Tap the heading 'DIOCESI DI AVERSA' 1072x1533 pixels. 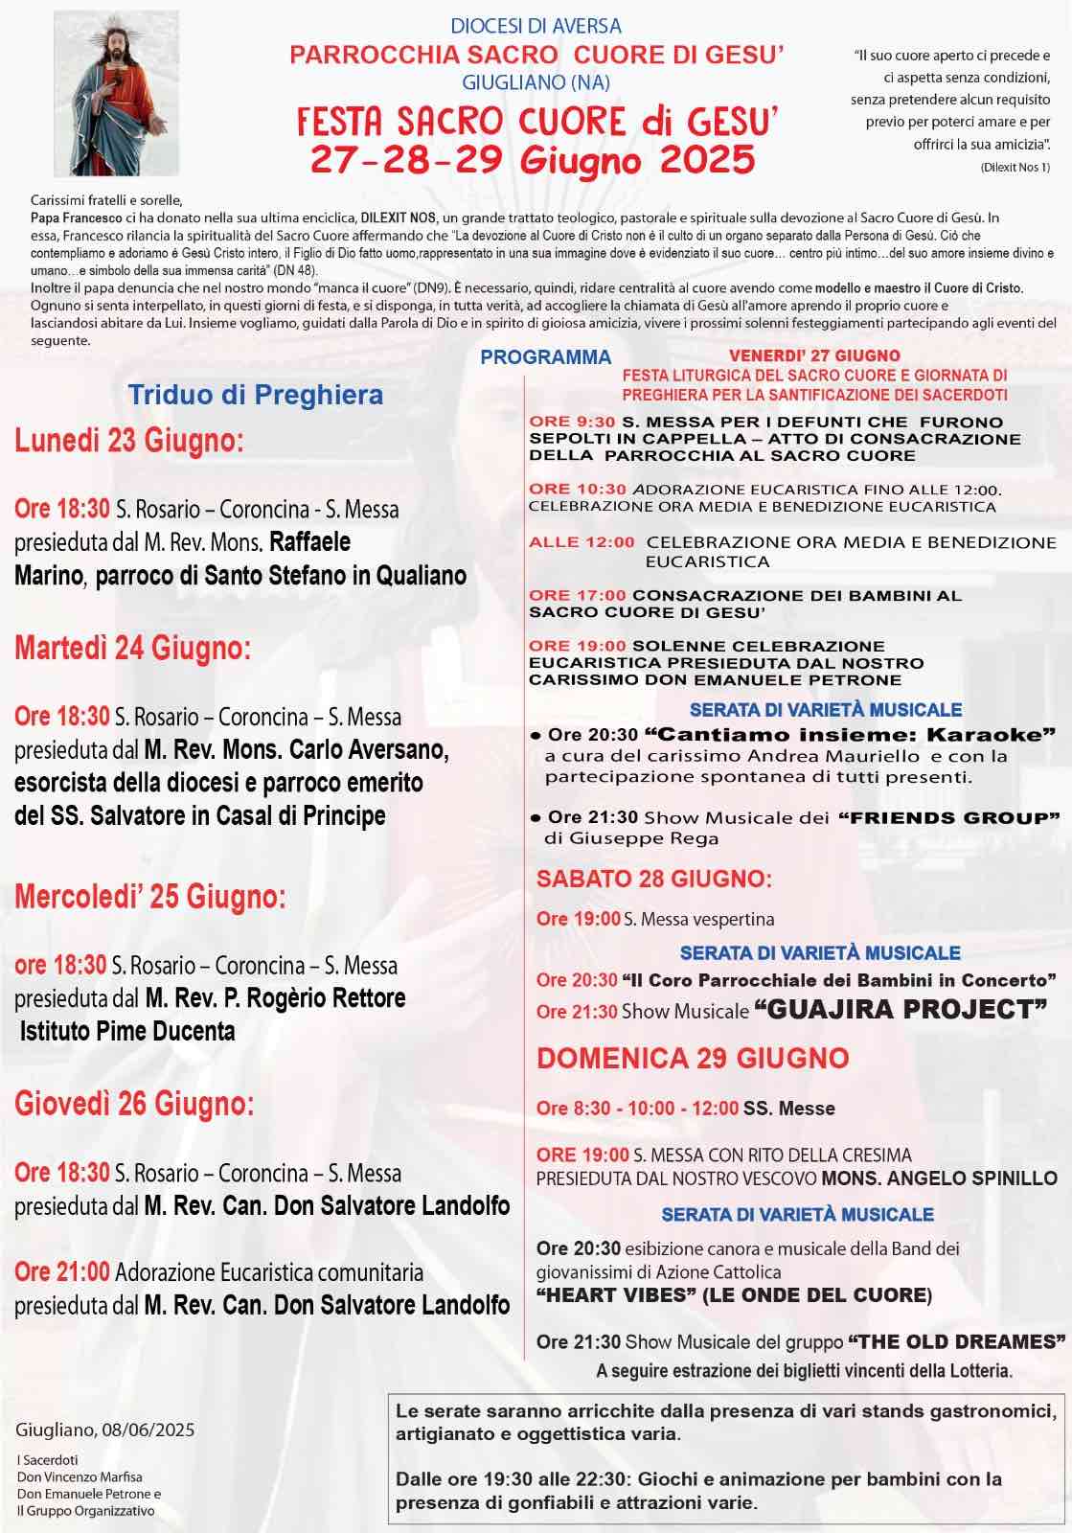(x=536, y=26)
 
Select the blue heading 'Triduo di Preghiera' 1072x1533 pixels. (x=256, y=395)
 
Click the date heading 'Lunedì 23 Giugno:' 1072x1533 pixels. (x=129, y=441)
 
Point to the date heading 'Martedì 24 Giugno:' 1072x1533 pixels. (x=133, y=649)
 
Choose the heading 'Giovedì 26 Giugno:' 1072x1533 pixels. (x=134, y=1104)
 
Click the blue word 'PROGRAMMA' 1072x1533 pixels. (x=545, y=357)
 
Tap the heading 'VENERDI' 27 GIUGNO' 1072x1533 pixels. (x=814, y=355)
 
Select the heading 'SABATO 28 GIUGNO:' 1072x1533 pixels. (x=654, y=879)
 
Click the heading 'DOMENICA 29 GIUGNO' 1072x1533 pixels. (x=693, y=1058)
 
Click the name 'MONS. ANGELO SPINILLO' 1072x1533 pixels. (x=940, y=1178)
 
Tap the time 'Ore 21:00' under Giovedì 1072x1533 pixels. (x=62, y=1271)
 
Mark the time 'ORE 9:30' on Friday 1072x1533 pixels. (x=572, y=422)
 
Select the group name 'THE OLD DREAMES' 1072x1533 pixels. (x=957, y=1341)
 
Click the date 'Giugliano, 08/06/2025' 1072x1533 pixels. (x=105, y=1430)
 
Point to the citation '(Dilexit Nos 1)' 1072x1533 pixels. (x=1015, y=168)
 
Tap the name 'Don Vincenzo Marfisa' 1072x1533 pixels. (x=80, y=1476)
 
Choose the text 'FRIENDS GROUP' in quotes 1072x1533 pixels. (x=948, y=817)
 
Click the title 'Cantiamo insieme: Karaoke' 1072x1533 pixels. (x=850, y=735)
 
